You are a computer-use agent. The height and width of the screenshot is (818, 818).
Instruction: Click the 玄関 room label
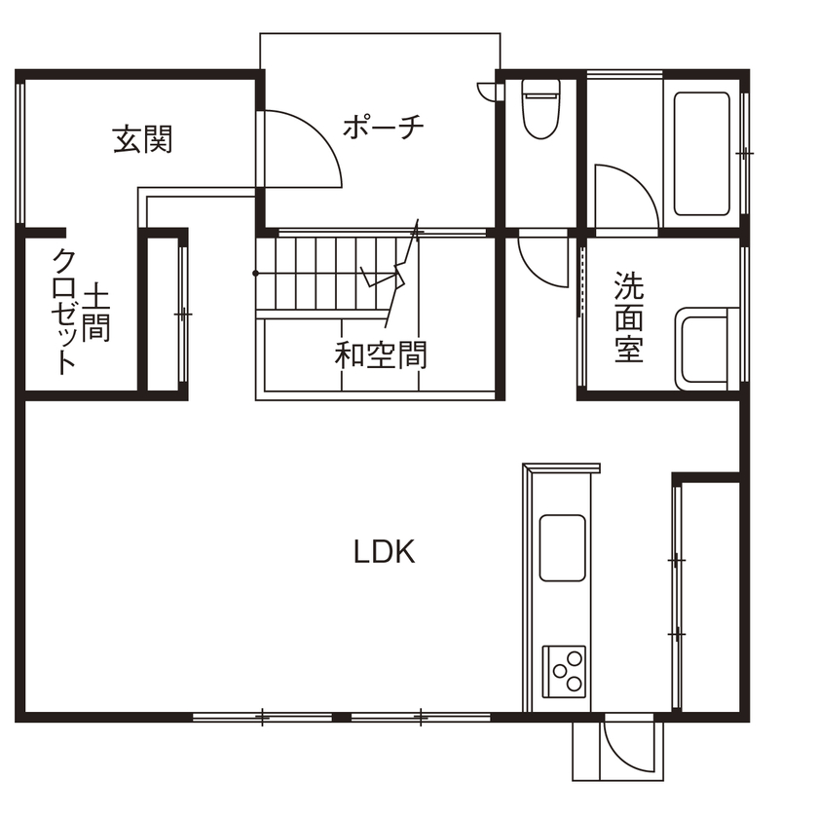(143, 140)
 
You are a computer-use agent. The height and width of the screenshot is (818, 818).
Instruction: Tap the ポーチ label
(384, 128)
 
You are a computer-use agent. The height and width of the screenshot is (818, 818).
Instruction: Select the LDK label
(384, 553)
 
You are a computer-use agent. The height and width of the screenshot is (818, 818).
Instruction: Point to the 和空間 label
(381, 354)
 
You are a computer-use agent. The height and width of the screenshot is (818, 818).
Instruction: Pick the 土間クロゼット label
(80, 313)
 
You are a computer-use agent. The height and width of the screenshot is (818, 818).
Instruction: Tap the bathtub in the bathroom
(701, 155)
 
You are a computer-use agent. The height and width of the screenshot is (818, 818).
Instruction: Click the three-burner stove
(565, 669)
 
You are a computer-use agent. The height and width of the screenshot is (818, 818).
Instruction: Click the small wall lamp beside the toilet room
(486, 91)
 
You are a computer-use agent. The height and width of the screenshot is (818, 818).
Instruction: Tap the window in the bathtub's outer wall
(745, 154)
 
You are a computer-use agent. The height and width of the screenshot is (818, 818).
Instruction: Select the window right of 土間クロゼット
(182, 315)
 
